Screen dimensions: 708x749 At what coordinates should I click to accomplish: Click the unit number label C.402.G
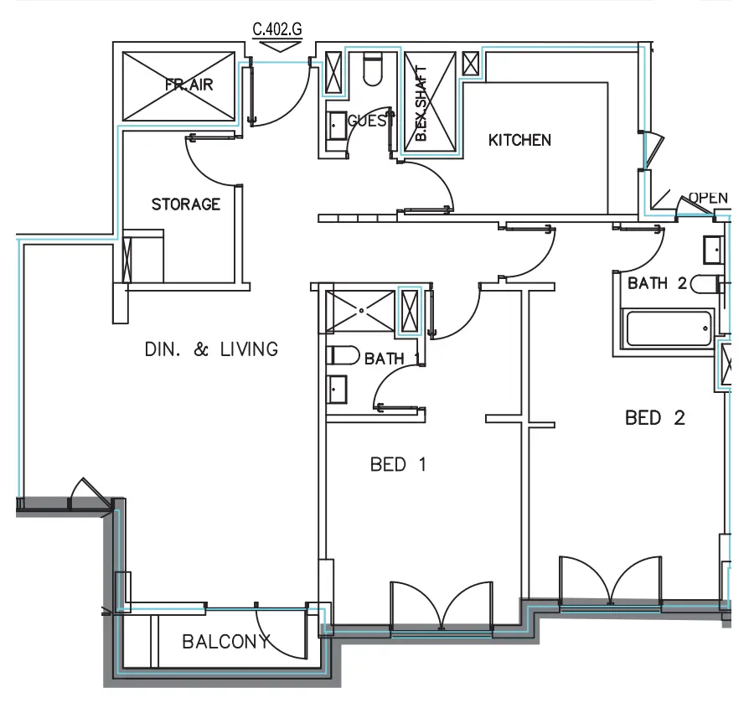[x=277, y=29]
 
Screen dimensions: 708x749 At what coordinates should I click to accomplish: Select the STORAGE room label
[x=186, y=204]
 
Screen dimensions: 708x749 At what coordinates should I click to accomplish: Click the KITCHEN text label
[x=519, y=140]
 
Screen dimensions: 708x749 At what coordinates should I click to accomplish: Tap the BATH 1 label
[x=391, y=359]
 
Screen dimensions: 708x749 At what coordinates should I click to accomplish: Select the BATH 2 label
[x=657, y=283]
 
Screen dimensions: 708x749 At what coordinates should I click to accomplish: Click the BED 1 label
[x=398, y=463]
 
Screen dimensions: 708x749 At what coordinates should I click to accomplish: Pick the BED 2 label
[x=655, y=417]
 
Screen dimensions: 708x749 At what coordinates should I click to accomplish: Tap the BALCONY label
[x=226, y=643]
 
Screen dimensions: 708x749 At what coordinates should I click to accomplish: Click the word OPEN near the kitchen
[x=708, y=199]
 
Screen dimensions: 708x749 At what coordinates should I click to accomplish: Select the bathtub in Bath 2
[x=667, y=329]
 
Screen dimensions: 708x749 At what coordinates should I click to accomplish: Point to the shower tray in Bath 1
[x=361, y=311]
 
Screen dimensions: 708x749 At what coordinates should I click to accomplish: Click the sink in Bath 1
[x=338, y=389]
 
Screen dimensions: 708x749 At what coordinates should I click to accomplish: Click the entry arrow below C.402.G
[x=277, y=48]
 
